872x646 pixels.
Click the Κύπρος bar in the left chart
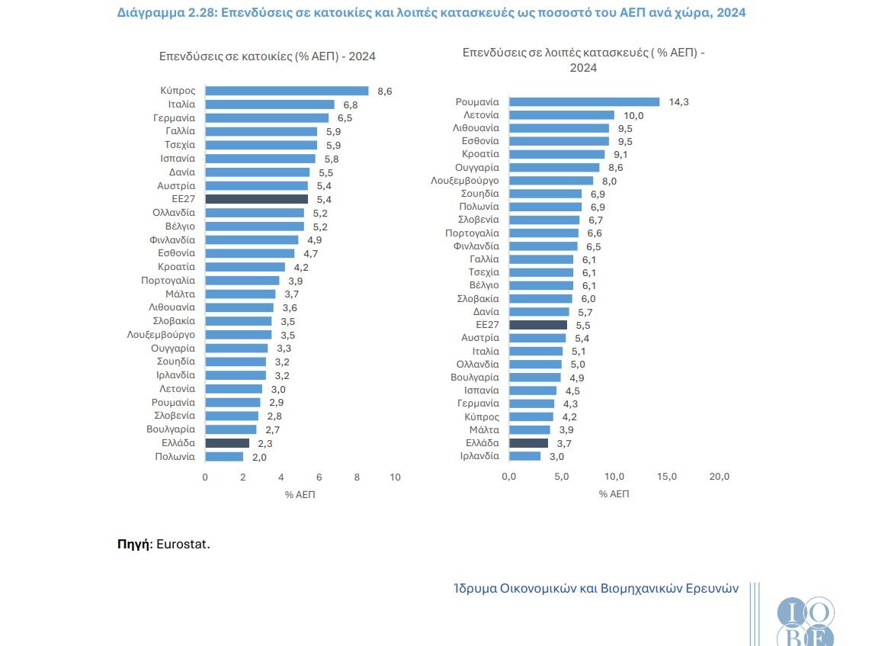[x=287, y=91]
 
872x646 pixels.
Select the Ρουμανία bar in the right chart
[x=584, y=101]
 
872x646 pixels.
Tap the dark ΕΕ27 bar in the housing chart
[x=257, y=199]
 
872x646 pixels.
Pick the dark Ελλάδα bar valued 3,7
[x=528, y=442]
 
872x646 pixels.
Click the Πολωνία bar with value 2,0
[x=225, y=457]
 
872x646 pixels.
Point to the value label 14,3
[x=678, y=102]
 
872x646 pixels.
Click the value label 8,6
[x=385, y=91]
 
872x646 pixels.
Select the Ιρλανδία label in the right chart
[x=479, y=456]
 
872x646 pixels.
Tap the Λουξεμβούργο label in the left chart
[x=161, y=334]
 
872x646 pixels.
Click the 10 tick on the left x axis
[x=395, y=477]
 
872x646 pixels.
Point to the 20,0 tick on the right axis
[x=720, y=477]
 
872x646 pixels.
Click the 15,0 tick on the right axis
[x=667, y=477]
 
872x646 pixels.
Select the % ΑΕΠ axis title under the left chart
[x=300, y=494]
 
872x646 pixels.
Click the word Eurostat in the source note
[x=182, y=545]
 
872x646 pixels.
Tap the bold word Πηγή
[x=134, y=545]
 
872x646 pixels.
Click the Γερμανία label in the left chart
[x=174, y=118]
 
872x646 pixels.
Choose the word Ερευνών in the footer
[x=711, y=589]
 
